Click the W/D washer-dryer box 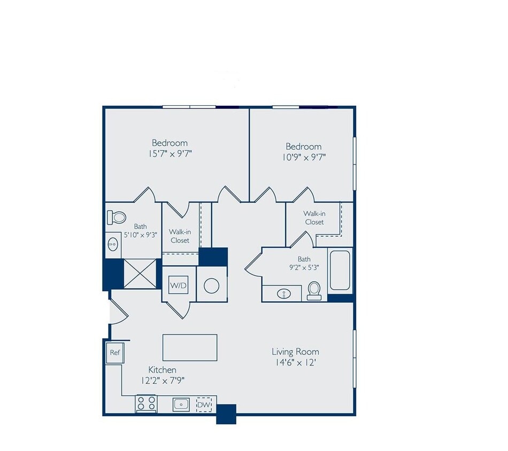pos(179,286)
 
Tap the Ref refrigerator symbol pos(115,353)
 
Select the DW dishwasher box pos(204,405)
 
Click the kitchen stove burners pos(146,403)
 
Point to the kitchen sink pos(181,404)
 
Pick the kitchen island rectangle pos(190,348)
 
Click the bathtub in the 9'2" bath pos(340,271)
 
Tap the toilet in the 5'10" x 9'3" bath pos(117,217)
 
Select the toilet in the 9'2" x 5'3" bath pos(314,291)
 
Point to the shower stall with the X pos(142,274)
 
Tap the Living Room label pos(295,352)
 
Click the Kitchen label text pos(162,370)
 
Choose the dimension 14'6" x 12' pos(295,363)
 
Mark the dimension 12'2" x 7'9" pos(163,381)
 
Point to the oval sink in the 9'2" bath pos(283,293)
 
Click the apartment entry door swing pos(118,313)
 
